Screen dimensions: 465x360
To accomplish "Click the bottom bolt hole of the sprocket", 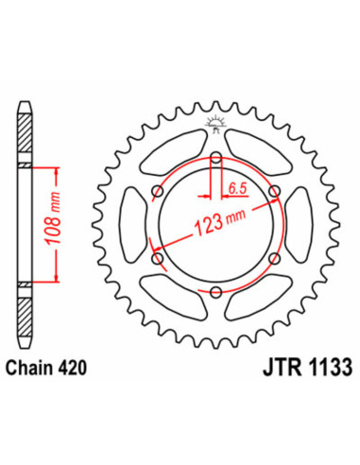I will pos(215,292).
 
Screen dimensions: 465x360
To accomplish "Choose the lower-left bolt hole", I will pos(157,258).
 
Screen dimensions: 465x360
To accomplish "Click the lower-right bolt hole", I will pos(274,258).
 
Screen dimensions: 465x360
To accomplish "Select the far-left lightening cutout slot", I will pos(133,225).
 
